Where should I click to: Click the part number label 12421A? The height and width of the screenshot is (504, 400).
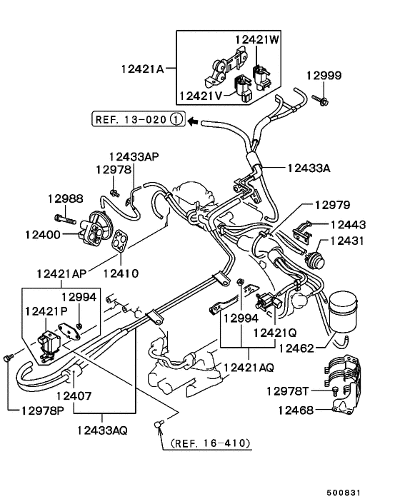[x=142, y=69]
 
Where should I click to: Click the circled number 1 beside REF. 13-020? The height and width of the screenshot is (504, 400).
[x=176, y=119]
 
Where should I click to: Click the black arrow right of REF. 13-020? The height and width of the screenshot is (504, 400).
[x=192, y=121]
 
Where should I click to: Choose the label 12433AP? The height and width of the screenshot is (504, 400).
[x=134, y=156]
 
